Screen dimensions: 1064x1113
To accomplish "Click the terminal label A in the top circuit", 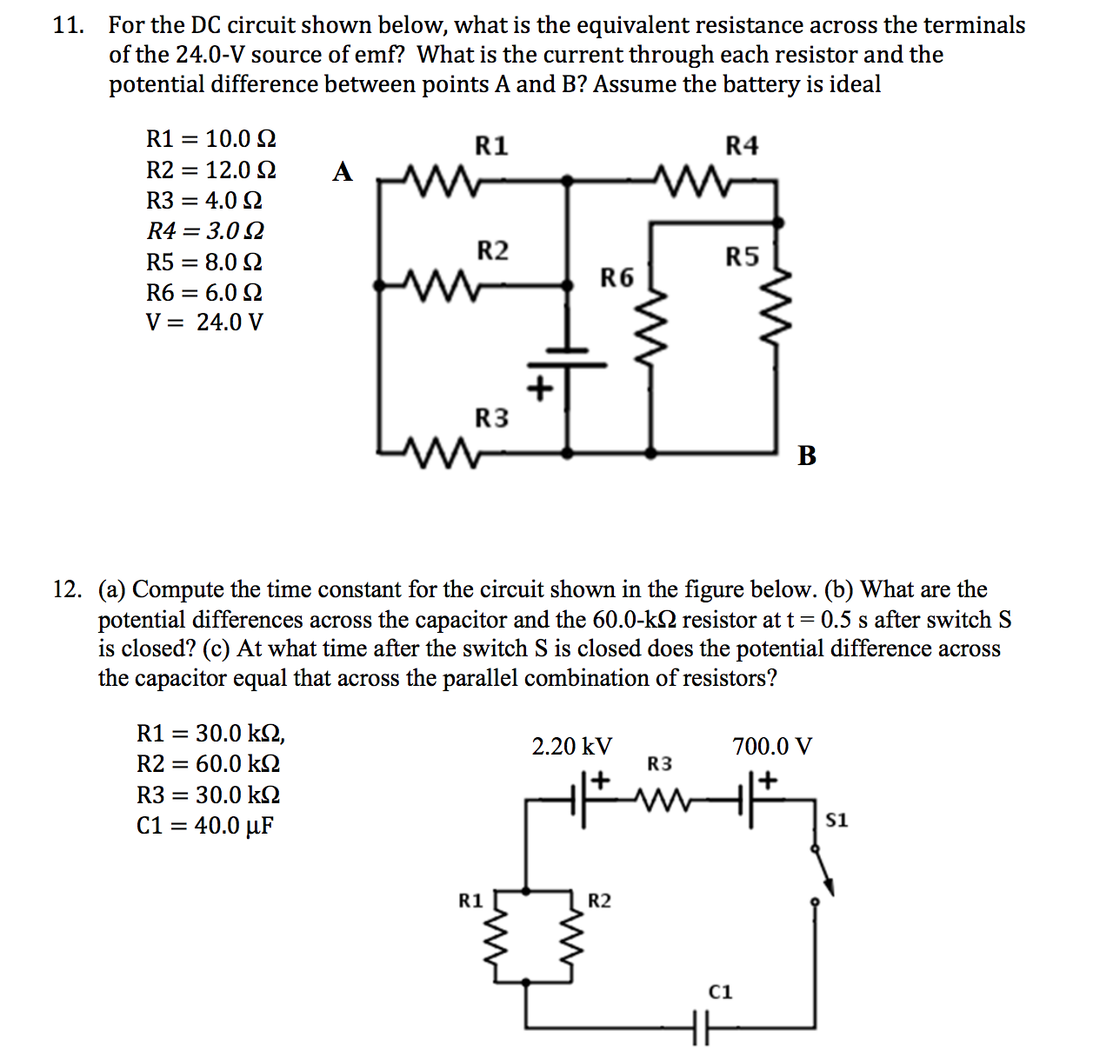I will tap(343, 171).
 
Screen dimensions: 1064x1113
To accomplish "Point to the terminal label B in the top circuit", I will tap(807, 455).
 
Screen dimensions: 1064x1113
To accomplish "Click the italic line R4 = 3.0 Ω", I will tap(205, 231).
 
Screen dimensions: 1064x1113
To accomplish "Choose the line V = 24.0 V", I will tap(204, 323).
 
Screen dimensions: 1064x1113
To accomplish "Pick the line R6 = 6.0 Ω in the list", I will tap(204, 293).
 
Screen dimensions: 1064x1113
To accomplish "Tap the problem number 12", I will tap(67, 590).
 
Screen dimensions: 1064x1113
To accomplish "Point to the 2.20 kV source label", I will tap(571, 747).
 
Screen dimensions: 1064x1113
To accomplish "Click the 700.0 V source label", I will tap(772, 747).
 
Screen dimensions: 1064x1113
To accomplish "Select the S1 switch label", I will tap(836, 820).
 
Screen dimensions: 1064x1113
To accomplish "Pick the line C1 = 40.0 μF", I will tap(205, 826).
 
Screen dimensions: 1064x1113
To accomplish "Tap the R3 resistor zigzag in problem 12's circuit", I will tap(669, 795).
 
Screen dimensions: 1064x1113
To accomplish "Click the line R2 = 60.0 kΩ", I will tap(209, 764).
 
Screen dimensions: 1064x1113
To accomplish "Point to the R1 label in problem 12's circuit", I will tap(470, 901).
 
